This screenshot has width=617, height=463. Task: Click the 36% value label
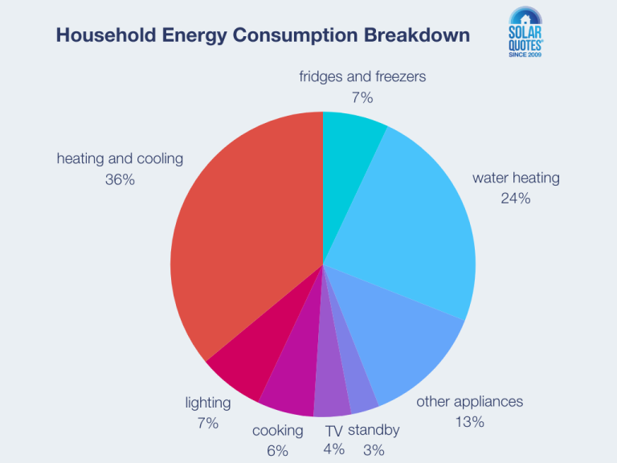pos(120,179)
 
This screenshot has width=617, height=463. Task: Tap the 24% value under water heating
pos(516,198)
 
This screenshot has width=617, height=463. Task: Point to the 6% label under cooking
pos(277,450)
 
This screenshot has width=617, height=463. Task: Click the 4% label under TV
pos(334,449)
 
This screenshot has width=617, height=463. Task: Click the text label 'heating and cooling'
pos(120,158)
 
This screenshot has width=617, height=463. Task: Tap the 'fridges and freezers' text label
pos(362,77)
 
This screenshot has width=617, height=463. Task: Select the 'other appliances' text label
pos(469,401)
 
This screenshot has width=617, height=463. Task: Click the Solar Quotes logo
pos(532,36)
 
